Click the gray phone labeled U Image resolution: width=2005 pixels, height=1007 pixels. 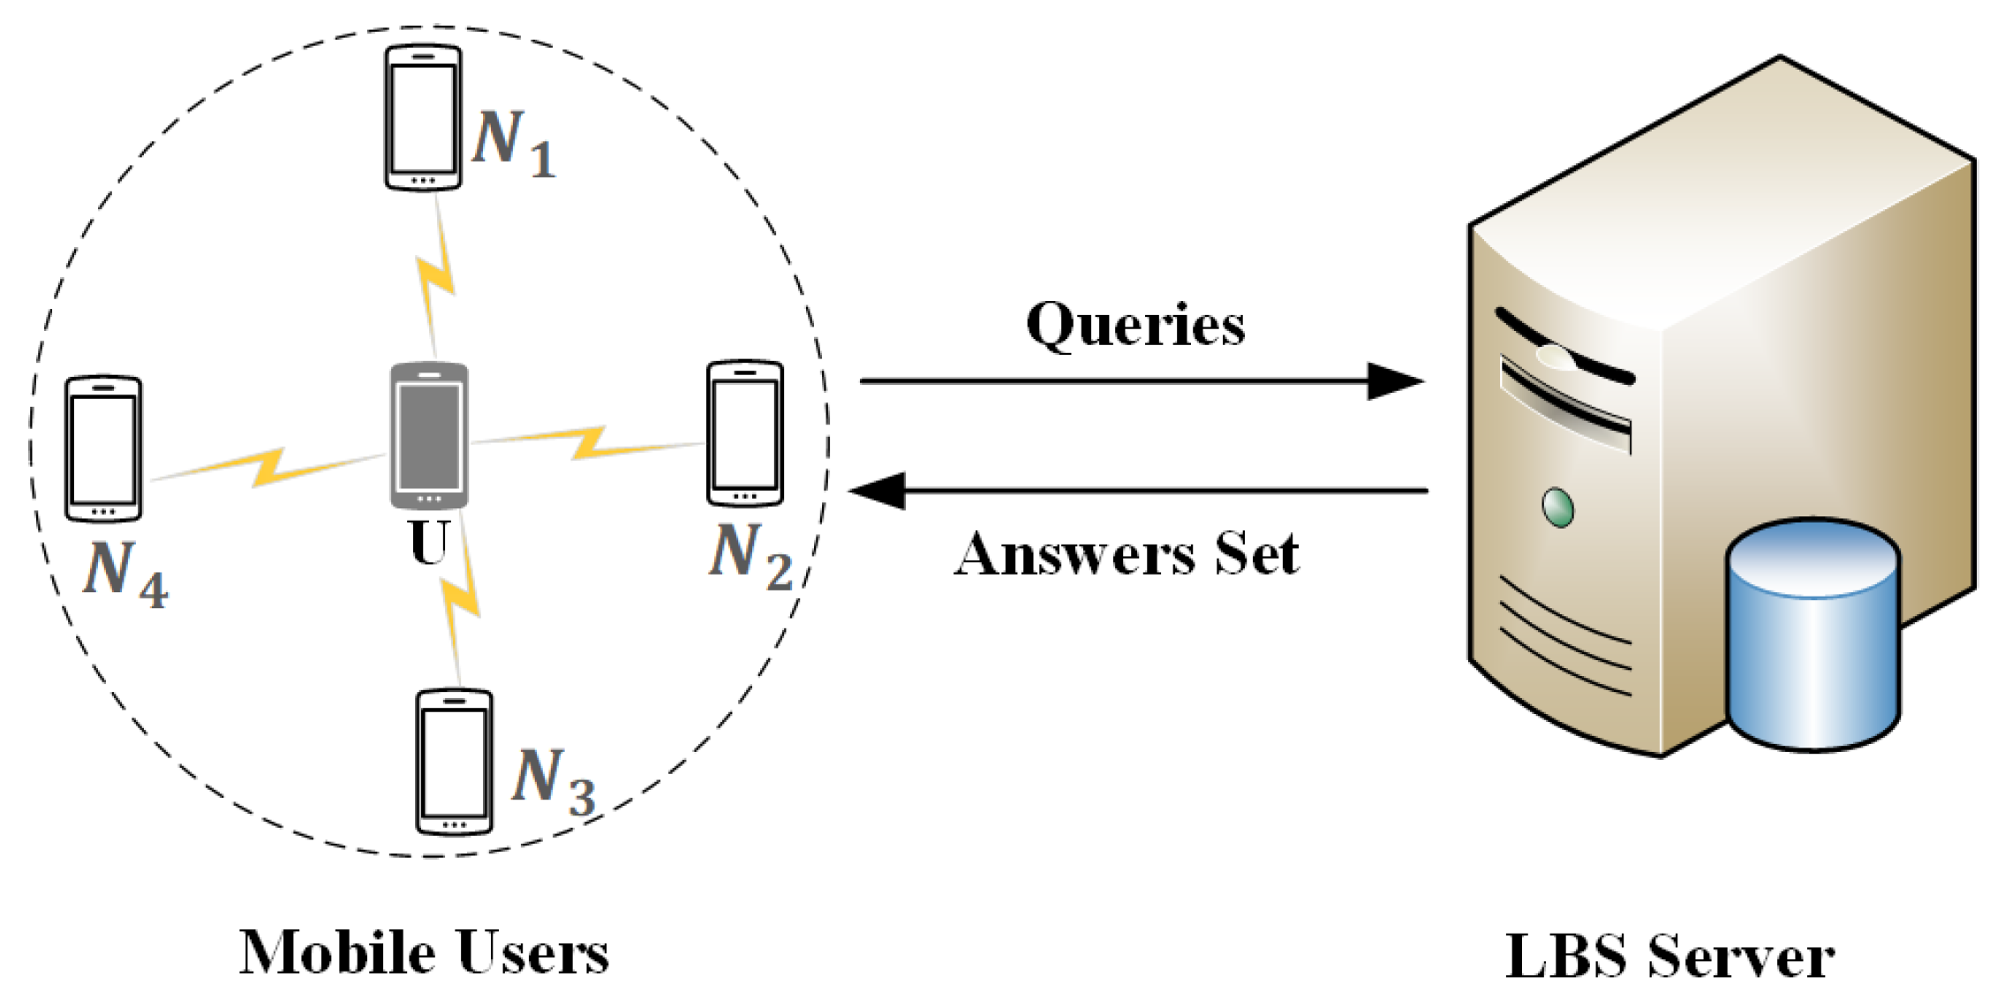429,435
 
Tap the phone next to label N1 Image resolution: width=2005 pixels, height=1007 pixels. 423,117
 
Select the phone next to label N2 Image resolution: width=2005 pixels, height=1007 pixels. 744,432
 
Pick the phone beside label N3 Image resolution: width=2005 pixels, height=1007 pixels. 454,762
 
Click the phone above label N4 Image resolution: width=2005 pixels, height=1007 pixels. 103,448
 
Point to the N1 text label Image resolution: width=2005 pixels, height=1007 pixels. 512,144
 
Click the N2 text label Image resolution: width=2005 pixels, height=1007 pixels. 750,557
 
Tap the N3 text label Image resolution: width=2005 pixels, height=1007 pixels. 553,781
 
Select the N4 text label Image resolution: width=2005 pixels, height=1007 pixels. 124,574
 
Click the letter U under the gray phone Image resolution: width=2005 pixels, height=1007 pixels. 430,544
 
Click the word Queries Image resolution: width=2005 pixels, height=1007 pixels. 1135,326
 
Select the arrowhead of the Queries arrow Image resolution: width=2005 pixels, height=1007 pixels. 1395,381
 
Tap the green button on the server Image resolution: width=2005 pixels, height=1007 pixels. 1557,507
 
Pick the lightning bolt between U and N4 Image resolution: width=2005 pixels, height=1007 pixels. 268,467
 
